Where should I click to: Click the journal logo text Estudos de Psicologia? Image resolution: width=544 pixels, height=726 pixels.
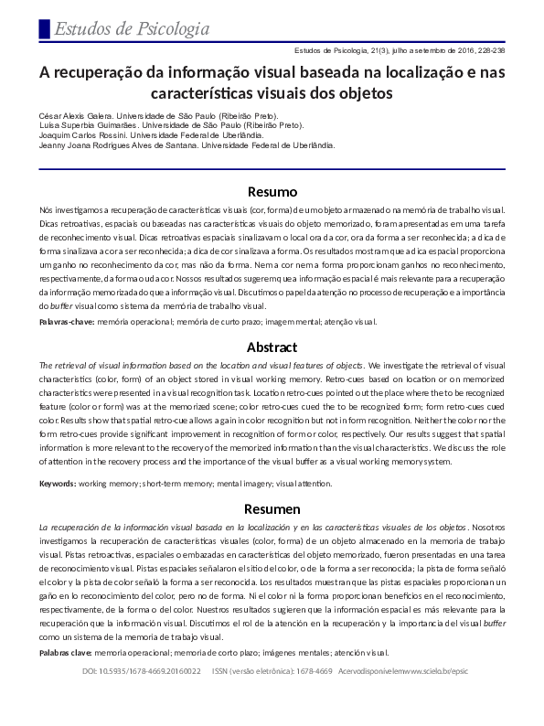coord(133,29)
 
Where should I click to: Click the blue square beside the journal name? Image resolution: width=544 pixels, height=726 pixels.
coord(44,29)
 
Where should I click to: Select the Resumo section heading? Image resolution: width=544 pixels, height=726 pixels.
coord(272,192)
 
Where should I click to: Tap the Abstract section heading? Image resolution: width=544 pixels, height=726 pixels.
coord(272,347)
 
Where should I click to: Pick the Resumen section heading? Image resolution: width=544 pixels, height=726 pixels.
coord(272,508)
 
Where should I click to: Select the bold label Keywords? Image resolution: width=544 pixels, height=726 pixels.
coord(58,482)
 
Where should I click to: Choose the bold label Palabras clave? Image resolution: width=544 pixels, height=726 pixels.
coord(65,653)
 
